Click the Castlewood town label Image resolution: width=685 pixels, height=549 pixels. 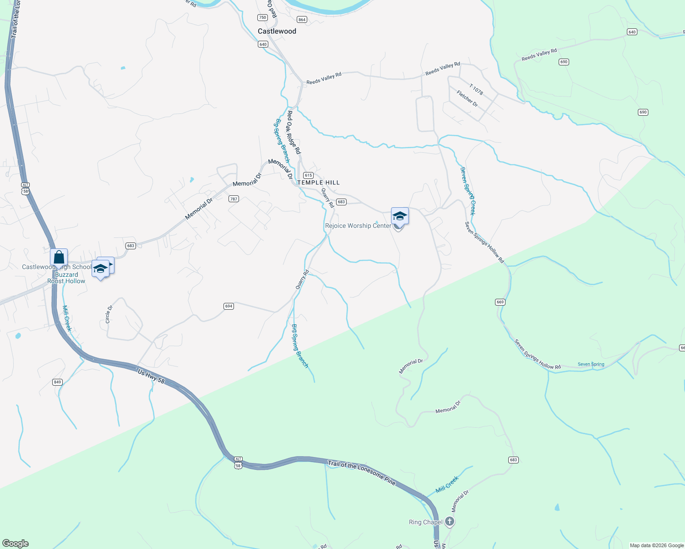click(x=277, y=31)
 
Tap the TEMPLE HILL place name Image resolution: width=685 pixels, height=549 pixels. click(x=319, y=183)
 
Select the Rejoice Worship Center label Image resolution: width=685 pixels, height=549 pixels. click(x=358, y=226)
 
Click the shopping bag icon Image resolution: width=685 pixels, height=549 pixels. click(x=59, y=258)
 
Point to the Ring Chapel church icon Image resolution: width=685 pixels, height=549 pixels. click(x=450, y=522)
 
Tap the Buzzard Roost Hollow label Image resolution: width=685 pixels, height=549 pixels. click(x=66, y=278)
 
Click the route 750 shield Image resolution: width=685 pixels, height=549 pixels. click(x=262, y=18)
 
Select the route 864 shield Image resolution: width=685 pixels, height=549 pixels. click(x=302, y=20)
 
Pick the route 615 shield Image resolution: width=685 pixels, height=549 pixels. click(x=308, y=175)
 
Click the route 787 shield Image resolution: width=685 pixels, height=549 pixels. click(x=234, y=199)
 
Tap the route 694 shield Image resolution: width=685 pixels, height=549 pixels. click(x=229, y=306)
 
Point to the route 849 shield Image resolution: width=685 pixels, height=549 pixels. click(x=57, y=382)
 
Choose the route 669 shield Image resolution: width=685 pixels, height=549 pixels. click(x=500, y=302)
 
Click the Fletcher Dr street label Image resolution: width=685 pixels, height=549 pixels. click(x=467, y=98)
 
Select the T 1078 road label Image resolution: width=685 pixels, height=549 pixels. click(x=476, y=89)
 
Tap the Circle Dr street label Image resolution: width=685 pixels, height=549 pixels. click(x=109, y=314)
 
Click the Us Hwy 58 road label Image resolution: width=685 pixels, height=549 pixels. click(x=151, y=377)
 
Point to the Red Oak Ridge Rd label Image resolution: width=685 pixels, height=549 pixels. click(x=294, y=132)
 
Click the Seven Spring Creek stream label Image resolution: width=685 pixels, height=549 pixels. click(x=468, y=191)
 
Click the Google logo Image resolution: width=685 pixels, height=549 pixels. click(x=16, y=544)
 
